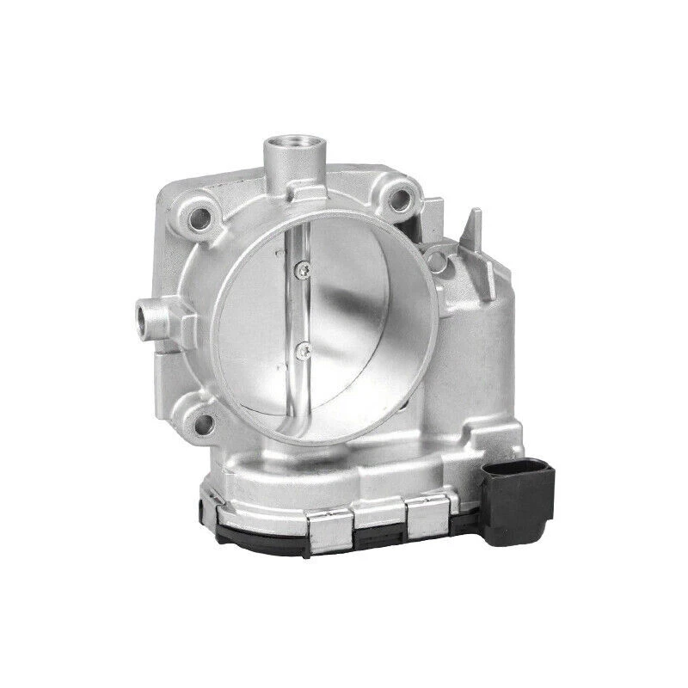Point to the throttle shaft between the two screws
coord(300,310)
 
